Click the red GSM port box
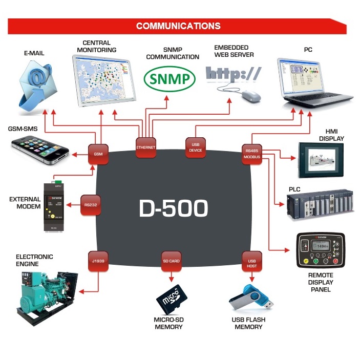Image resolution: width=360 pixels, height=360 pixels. pyautogui.click(x=98, y=154)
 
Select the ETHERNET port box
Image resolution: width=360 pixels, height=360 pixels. pyautogui.click(x=145, y=147)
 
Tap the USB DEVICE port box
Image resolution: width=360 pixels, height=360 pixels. pyautogui.click(x=195, y=147)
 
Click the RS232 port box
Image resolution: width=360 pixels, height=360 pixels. pyautogui.click(x=91, y=204)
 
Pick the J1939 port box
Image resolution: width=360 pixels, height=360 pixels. pyautogui.click(x=98, y=261)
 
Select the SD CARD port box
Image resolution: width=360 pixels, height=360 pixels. pyautogui.click(x=171, y=261)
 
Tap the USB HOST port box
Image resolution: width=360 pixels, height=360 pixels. pyautogui.click(x=251, y=261)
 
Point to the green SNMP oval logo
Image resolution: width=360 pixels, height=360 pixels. pyautogui.click(x=170, y=79)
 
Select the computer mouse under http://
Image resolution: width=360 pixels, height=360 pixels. pyautogui.click(x=251, y=95)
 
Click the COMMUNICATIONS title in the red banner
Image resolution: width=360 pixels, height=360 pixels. pyautogui.click(x=178, y=26)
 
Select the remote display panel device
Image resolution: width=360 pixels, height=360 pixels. pyautogui.click(x=321, y=251)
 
